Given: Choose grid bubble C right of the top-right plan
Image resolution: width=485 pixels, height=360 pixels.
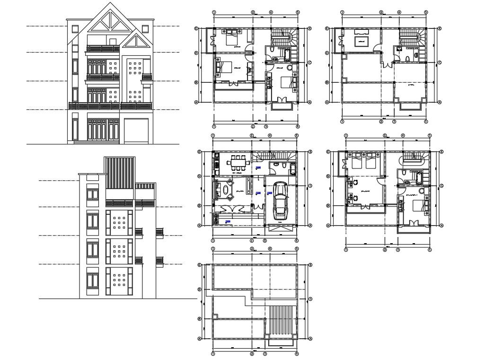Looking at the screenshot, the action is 440,62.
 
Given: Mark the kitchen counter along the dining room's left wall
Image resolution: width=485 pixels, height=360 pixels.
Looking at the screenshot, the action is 216,163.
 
